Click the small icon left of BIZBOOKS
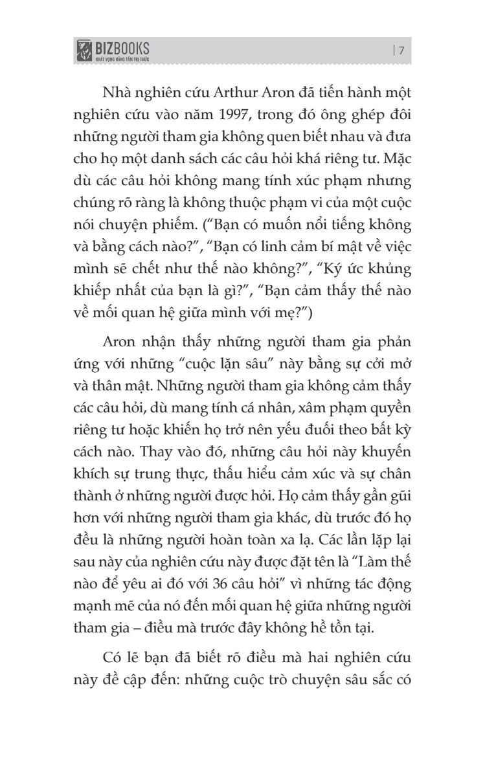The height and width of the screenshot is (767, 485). coord(84,51)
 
